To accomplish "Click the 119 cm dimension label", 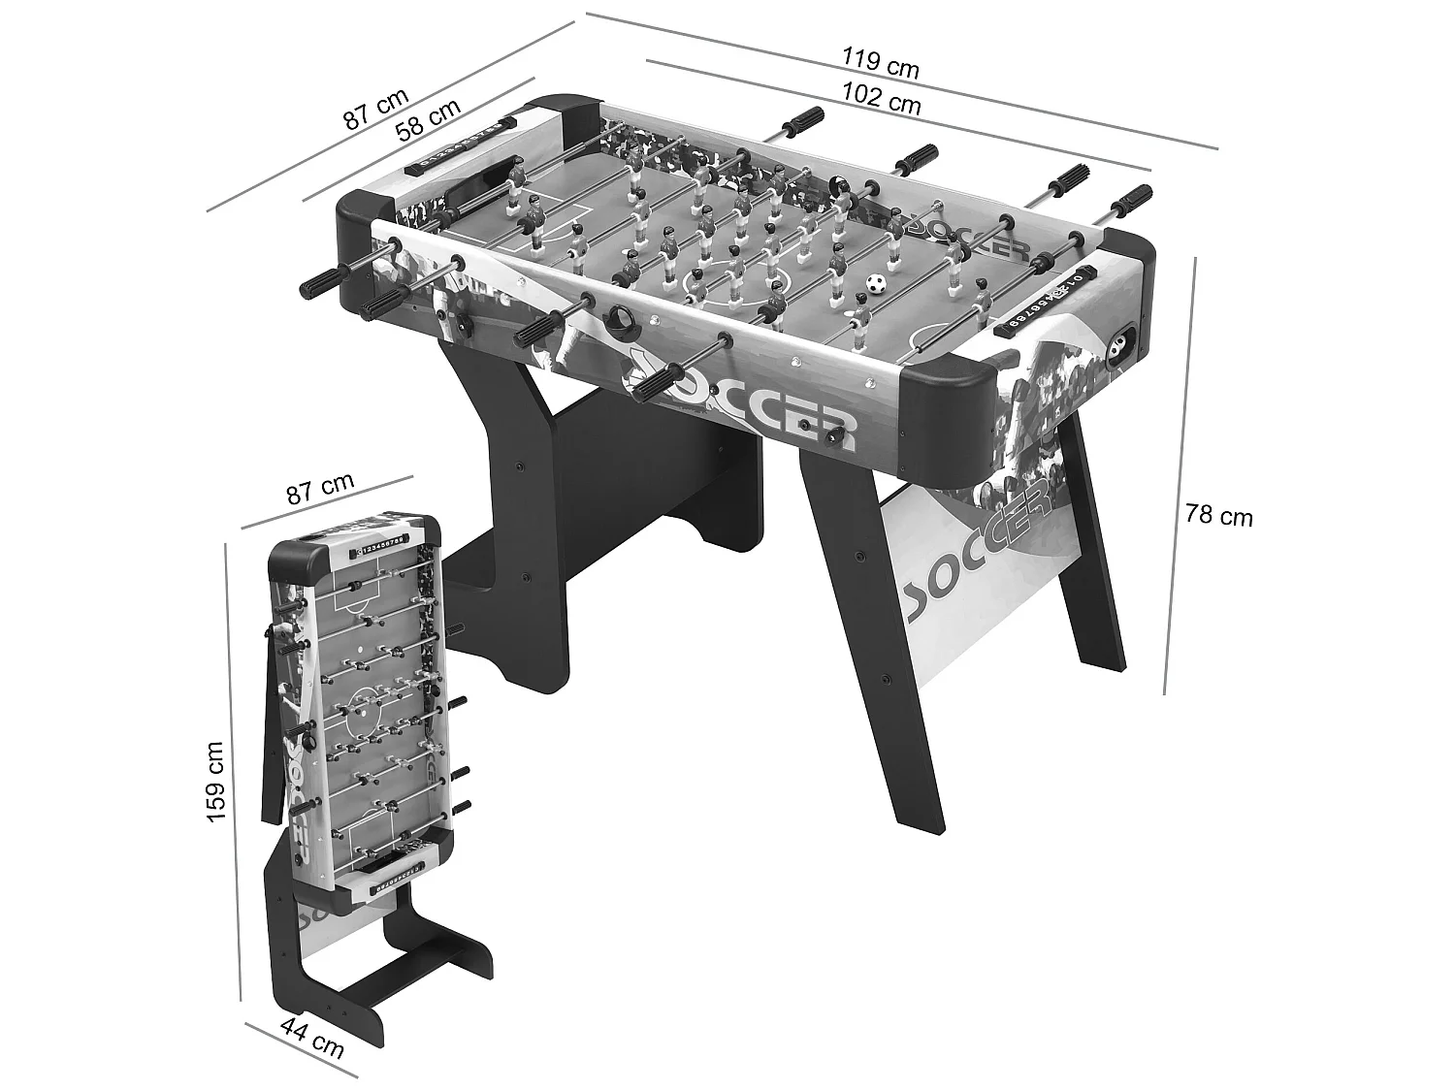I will click(x=880, y=64).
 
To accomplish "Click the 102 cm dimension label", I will click(x=881, y=99).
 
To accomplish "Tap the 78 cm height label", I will click(x=1218, y=515).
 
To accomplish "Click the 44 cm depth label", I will click(x=311, y=1051).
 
